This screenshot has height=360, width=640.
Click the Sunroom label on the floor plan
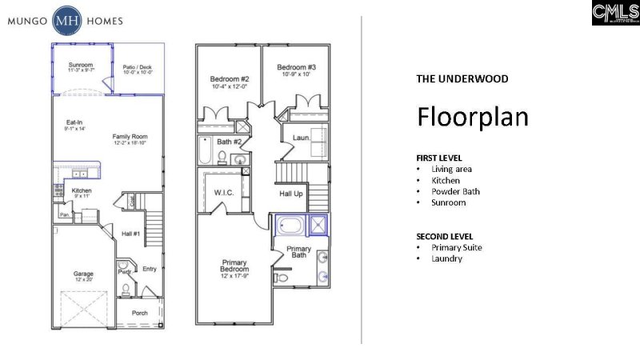pos(81,64)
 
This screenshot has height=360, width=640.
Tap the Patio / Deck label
pos(138,67)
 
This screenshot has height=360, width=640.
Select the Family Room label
pos(129,137)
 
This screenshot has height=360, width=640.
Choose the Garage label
pos(83,274)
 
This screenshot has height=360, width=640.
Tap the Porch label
pos(139,312)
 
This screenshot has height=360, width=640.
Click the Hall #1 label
pos(132,233)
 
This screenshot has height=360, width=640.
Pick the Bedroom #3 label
pos(297,67)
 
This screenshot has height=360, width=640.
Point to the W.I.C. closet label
pos(223,193)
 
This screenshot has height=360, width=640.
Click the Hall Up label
pos(290,194)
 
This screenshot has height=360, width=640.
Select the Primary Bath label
pos(299,252)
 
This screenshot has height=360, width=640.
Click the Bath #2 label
pos(230,142)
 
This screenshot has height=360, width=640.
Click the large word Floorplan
pos(472,117)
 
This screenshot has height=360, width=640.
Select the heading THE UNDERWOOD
pos(462,79)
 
